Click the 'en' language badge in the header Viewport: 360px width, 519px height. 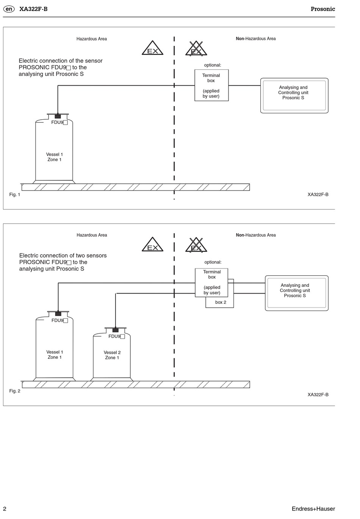[9, 9]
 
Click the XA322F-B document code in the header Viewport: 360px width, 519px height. [33, 9]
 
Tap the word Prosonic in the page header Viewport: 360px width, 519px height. [323, 9]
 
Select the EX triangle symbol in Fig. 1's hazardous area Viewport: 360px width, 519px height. [153, 48]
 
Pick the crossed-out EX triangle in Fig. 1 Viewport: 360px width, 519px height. [196, 48]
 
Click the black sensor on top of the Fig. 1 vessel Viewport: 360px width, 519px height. [58, 116]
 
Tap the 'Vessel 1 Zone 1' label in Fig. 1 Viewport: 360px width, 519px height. [55, 157]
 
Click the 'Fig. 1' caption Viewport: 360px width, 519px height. [15, 195]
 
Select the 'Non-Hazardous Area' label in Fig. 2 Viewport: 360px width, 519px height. [256, 235]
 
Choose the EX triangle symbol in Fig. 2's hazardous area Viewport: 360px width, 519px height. [153, 244]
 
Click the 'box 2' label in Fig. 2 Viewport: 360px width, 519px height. [221, 302]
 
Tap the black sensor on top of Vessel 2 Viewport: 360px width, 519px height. [116, 330]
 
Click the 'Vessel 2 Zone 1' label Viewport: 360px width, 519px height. [112, 355]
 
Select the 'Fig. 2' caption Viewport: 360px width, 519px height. [15, 391]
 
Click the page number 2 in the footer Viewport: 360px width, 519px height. [5, 509]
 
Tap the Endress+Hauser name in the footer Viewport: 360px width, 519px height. [313, 509]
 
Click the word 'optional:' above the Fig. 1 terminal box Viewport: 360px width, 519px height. [213, 65]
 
